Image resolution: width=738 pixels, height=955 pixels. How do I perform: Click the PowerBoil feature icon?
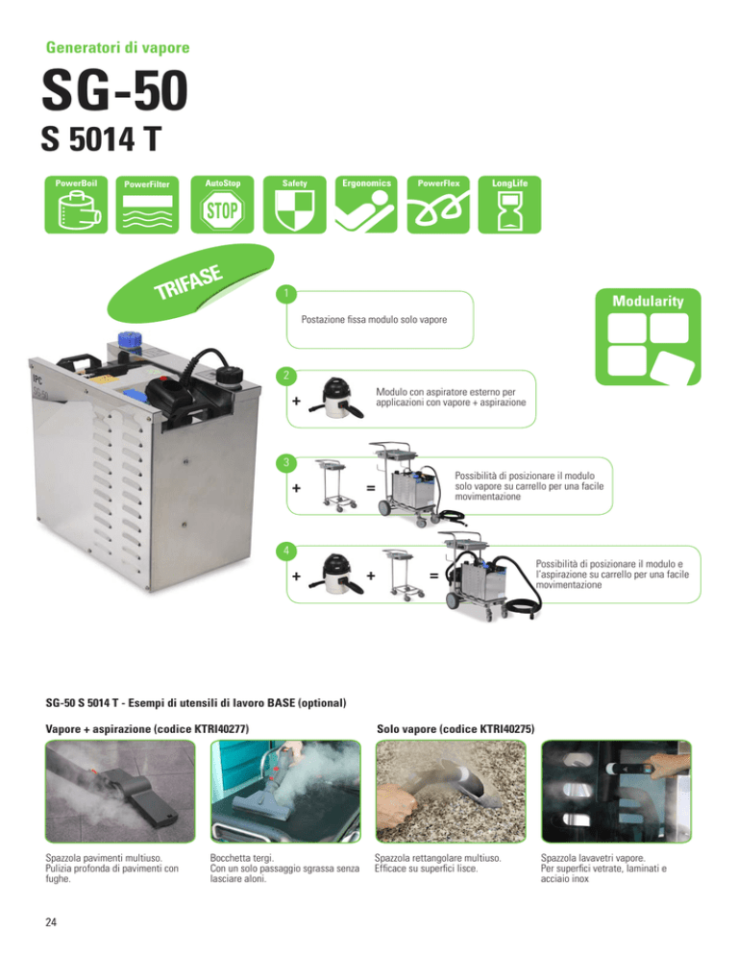click(x=76, y=205)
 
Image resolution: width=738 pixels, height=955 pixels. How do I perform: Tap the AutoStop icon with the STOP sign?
click(x=222, y=205)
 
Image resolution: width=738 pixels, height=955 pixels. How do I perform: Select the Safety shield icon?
click(x=294, y=205)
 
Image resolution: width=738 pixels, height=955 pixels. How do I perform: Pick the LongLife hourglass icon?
click(x=509, y=205)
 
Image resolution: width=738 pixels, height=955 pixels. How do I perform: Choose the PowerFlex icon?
click(x=438, y=205)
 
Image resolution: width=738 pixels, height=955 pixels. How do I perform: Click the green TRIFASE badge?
click(x=190, y=282)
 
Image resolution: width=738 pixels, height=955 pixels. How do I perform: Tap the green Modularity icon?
click(x=648, y=337)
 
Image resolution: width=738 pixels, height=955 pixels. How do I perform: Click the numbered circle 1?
click(x=285, y=294)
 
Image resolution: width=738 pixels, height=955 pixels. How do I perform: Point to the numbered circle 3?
click(x=285, y=463)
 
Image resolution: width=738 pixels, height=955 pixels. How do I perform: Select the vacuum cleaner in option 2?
click(x=336, y=399)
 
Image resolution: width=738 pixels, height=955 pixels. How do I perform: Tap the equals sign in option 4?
click(x=434, y=575)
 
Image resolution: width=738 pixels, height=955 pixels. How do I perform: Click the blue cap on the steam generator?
click(x=129, y=341)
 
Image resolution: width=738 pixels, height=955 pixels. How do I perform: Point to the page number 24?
click(x=51, y=922)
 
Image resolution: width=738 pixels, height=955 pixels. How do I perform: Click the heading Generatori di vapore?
click(x=117, y=47)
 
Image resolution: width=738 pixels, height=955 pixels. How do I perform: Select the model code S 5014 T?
click(x=101, y=139)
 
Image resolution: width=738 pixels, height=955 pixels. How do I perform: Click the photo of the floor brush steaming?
click(x=120, y=791)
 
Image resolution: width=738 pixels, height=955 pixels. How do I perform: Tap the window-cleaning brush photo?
click(x=616, y=791)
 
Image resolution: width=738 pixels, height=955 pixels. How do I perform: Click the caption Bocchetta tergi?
click(x=242, y=858)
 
